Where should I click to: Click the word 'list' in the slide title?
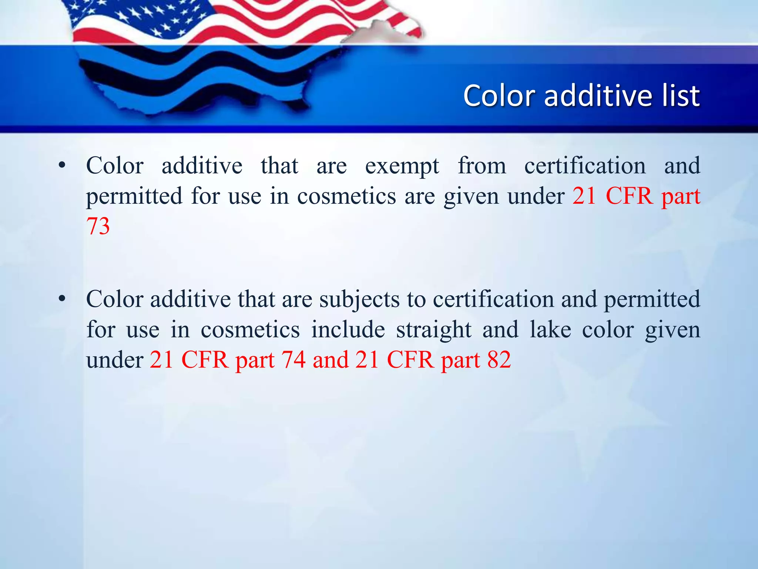click(680, 96)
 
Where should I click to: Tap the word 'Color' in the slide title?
click(499, 96)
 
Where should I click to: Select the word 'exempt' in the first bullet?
click(402, 166)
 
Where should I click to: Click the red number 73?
click(98, 226)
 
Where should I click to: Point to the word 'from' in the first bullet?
click(482, 166)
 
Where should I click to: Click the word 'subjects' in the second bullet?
click(359, 300)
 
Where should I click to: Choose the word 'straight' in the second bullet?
click(434, 330)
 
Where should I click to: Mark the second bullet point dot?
click(62, 299)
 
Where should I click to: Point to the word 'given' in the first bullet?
click(471, 197)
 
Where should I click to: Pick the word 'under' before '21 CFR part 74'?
click(115, 360)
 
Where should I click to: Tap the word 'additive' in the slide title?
click(598, 96)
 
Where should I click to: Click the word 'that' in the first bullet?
click(279, 166)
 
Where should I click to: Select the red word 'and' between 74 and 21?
click(331, 360)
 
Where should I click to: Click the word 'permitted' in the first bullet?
click(134, 197)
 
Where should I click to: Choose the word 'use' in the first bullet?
click(245, 197)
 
